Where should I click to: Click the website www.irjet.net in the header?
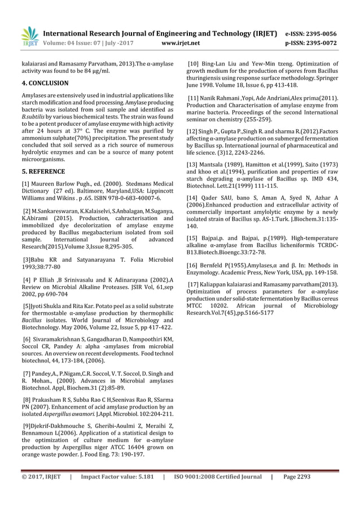coord(180,42)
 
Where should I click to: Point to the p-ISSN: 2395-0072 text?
coord(312,42)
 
